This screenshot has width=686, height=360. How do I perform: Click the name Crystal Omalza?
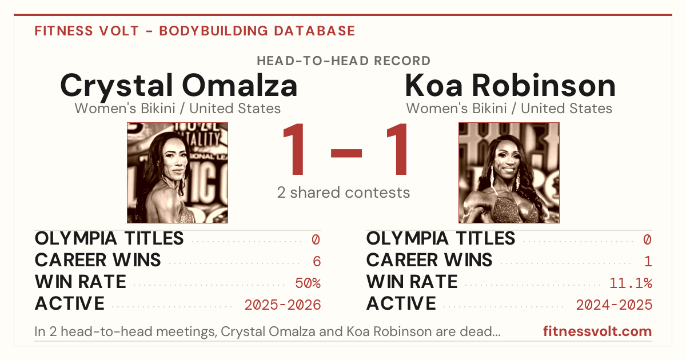pos(179,86)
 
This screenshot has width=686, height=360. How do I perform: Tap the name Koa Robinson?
pos(510,85)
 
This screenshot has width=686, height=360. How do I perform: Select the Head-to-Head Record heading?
pos(344,61)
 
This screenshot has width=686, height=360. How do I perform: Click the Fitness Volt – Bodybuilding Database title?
pos(195,31)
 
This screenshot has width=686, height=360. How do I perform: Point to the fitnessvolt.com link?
pos(597,331)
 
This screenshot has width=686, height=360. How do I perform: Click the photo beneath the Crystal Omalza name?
pos(177,173)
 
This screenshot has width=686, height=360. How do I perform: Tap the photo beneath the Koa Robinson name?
pos(509,173)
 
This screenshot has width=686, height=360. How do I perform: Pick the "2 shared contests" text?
pos(344,193)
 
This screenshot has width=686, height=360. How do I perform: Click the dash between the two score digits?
pos(346,153)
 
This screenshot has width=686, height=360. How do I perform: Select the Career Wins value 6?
pos(317,261)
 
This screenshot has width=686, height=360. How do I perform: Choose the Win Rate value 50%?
pos(308,283)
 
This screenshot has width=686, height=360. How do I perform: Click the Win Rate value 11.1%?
pos(631,283)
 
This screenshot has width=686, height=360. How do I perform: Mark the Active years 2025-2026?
pos(282,305)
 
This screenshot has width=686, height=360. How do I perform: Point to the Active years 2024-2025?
pos(614,305)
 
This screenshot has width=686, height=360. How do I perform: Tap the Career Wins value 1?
pos(648,261)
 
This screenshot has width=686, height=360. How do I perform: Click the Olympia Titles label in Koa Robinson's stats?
pos(441,238)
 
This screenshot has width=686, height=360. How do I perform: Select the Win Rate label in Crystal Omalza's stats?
pos(80,282)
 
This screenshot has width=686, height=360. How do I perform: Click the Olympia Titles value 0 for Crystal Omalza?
pos(316,239)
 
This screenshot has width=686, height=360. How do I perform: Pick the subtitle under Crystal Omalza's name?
pos(178,109)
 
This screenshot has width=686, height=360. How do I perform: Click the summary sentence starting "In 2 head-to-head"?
pos(268,331)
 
